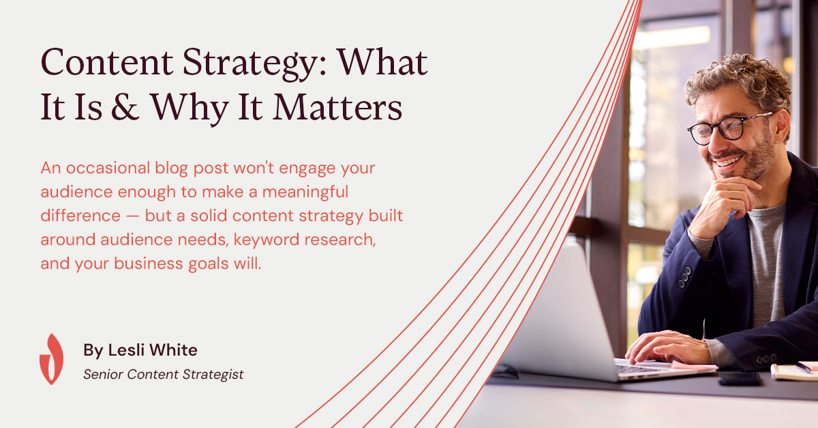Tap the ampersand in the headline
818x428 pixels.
[125, 106]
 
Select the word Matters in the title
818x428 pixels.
[338, 106]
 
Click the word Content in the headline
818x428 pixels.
[106, 62]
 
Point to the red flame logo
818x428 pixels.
[52, 359]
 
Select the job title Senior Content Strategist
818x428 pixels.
[163, 375]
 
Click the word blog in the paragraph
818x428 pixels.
[171, 169]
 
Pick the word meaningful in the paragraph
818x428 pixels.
[305, 192]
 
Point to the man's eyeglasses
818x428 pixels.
[729, 128]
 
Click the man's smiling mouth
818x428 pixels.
[728, 161]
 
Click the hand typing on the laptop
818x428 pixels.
[667, 347]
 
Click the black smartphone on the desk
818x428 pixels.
[740, 379]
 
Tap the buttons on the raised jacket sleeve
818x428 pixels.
[684, 277]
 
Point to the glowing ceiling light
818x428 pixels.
[671, 38]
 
